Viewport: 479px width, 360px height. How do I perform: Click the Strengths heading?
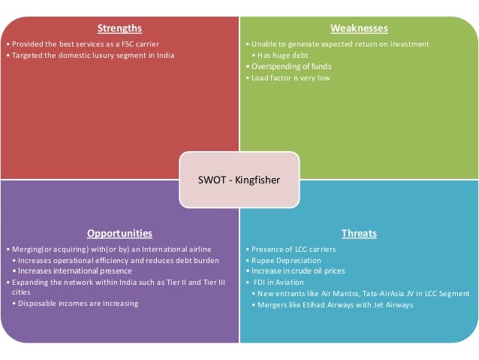119,29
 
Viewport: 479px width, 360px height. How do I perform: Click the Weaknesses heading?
359,29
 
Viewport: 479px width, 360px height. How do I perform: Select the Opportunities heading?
119,234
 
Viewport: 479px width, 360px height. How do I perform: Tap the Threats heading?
359,234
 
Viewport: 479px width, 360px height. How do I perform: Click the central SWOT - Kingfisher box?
239,180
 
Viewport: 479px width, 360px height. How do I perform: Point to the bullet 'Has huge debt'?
282,55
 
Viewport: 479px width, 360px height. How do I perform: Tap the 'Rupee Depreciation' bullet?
283,260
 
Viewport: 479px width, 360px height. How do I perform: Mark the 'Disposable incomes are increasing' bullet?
79,304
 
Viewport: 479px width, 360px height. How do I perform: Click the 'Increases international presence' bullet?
75,271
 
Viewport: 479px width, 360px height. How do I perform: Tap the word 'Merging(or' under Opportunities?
26,249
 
